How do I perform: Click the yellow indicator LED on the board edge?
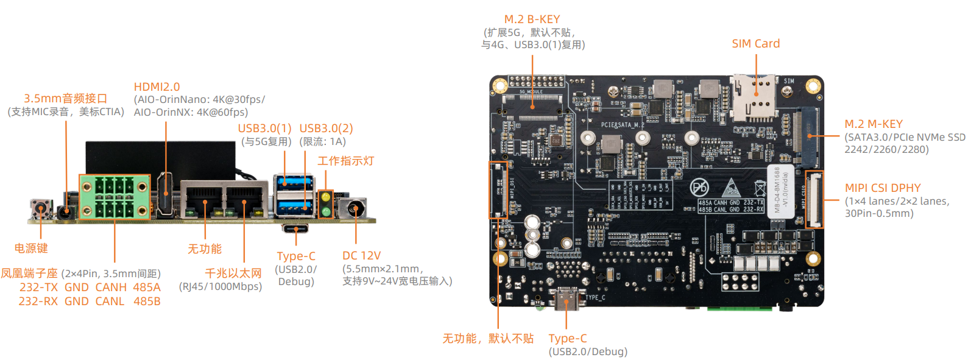(x=326, y=197)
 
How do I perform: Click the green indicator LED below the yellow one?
(x=326, y=211)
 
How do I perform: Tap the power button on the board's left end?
(x=41, y=210)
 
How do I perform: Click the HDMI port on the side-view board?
(x=166, y=195)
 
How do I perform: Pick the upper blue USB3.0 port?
(x=294, y=182)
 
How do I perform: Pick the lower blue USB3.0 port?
(x=294, y=206)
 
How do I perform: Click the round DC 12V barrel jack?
(x=355, y=210)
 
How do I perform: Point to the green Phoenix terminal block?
(x=115, y=197)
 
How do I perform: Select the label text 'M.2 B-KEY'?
(x=532, y=19)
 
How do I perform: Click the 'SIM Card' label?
(x=755, y=44)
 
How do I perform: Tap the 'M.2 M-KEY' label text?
(x=873, y=124)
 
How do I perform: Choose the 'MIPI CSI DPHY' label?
(x=882, y=188)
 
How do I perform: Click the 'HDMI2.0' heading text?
(x=157, y=87)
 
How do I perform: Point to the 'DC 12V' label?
(x=361, y=256)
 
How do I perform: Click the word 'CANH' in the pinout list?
(x=111, y=288)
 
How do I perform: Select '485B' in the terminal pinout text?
(x=147, y=302)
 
